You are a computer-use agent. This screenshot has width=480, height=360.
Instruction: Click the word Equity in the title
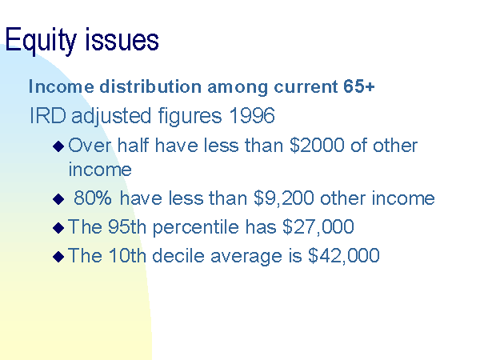point(41,40)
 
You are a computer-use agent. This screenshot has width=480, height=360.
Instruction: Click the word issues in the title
point(122,39)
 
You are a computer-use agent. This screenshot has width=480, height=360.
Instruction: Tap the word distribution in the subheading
point(150,86)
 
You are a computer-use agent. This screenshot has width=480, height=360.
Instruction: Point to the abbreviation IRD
point(48,115)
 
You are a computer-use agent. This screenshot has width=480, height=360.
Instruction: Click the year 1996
point(252,115)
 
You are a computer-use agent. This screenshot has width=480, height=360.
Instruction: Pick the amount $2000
point(317,145)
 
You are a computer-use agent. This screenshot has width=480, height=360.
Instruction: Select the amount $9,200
point(284,198)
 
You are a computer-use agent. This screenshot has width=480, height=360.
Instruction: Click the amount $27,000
point(318,226)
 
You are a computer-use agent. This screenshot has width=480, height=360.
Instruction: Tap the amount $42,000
point(344,255)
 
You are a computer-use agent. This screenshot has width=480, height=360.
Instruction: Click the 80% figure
point(93,198)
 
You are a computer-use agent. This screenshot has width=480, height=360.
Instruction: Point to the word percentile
point(196,227)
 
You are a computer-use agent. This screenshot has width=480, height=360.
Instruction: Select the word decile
point(178,255)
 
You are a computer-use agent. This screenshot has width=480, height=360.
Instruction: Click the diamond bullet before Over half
point(58,146)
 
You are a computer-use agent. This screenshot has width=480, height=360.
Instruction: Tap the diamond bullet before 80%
point(58,199)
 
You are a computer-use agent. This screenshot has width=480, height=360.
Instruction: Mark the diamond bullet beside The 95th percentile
point(58,228)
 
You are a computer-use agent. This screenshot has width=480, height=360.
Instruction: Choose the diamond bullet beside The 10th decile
point(58,257)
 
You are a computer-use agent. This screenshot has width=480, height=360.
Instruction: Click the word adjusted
point(111,116)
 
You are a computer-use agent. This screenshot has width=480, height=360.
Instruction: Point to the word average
point(246,257)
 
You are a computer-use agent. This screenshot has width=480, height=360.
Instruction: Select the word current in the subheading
point(306,86)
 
